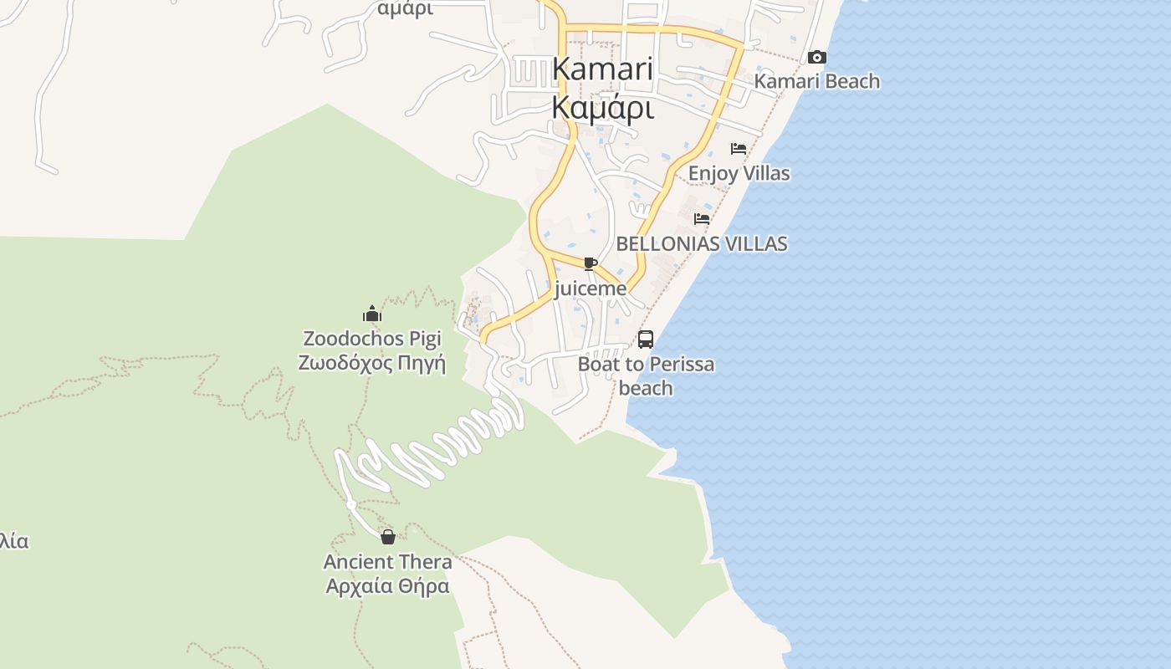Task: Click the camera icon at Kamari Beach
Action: click(x=817, y=58)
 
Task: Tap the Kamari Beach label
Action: click(x=817, y=81)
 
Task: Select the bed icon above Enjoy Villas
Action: click(x=739, y=149)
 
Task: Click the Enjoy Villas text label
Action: click(x=739, y=173)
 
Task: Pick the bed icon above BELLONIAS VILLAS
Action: click(x=702, y=219)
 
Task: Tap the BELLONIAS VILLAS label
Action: click(x=702, y=243)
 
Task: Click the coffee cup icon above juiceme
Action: click(x=591, y=264)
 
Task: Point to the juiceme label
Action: click(x=591, y=289)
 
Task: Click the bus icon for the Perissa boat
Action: click(x=646, y=340)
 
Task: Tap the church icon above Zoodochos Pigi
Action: click(x=372, y=314)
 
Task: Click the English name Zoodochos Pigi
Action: click(x=372, y=339)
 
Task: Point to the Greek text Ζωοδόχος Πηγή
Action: click(x=372, y=364)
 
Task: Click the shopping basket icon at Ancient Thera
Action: click(x=388, y=537)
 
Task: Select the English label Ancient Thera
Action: click(x=388, y=561)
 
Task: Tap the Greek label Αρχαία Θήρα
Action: click(x=388, y=585)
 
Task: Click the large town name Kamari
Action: click(x=602, y=69)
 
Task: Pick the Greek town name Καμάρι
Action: click(x=602, y=108)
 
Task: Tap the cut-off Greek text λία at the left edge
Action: click(x=14, y=541)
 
